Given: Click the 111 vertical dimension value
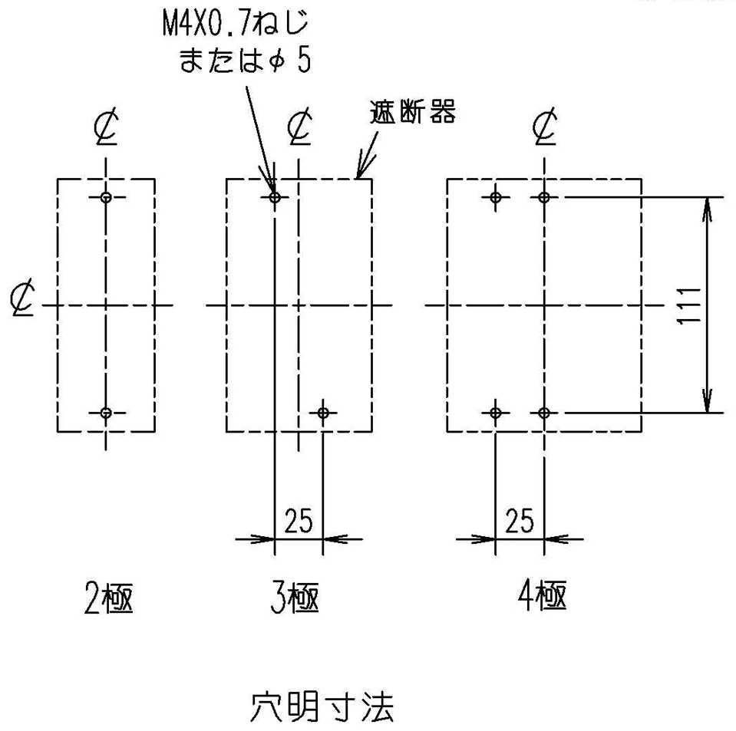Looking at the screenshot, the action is tap(688, 305).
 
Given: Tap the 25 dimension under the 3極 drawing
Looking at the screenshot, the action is tap(298, 520).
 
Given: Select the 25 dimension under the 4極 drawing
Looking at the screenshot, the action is tap(519, 520).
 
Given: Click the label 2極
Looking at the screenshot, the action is tap(108, 598).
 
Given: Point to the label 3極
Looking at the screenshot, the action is tap(295, 598).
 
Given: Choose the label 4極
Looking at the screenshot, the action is tap(542, 595).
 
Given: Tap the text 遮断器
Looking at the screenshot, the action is tap(413, 112).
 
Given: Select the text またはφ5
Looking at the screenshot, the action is tap(245, 60).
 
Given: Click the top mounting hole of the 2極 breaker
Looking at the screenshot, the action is tap(106, 197).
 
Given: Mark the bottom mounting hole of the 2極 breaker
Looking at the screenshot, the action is tap(106, 413).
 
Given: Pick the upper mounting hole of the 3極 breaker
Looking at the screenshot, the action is tap(275, 197).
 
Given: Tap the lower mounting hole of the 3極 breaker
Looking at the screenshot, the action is tap(323, 413).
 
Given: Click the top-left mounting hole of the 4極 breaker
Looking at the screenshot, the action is tap(495, 197).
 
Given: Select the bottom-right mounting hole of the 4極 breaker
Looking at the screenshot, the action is tap(544, 413).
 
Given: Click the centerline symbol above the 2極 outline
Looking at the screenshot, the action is tap(106, 127).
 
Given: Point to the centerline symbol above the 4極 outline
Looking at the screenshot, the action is tap(545, 127).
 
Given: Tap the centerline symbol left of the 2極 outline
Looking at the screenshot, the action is tap(22, 298).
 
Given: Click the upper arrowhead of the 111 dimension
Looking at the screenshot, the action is tap(707, 209).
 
